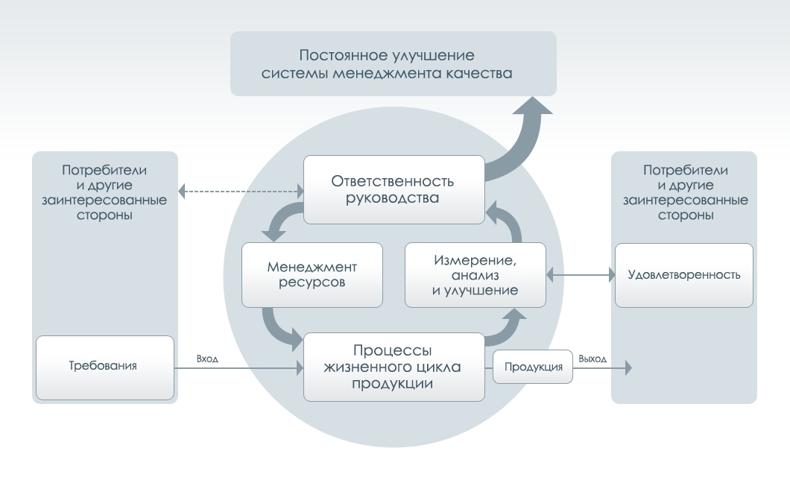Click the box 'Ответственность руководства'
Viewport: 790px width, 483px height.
[x=394, y=189]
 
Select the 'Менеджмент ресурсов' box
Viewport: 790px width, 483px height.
[x=312, y=274]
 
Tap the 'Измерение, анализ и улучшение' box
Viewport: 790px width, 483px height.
[x=475, y=274]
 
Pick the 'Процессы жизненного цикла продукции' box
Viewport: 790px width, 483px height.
[x=394, y=367]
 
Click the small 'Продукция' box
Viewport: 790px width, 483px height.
[x=533, y=367]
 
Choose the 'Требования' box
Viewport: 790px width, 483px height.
[x=104, y=367]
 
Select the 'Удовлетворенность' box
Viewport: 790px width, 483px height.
[x=683, y=274]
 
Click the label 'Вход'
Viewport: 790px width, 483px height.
[x=207, y=359]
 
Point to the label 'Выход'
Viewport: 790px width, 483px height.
[x=592, y=359]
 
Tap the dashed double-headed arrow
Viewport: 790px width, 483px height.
[x=241, y=191]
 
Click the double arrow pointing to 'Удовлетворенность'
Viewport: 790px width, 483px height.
[x=580, y=274]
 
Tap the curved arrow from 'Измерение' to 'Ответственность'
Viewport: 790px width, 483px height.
[x=507, y=222]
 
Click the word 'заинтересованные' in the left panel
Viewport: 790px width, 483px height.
[x=104, y=201]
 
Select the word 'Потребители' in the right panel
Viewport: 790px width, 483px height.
[x=683, y=170]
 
